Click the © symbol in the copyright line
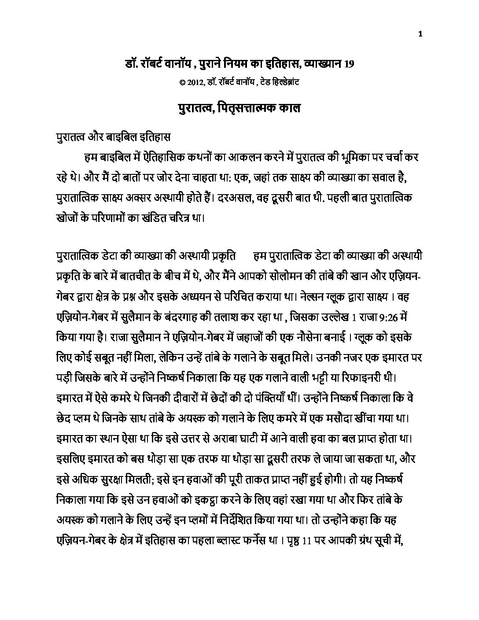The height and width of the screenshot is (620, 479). (x=182, y=82)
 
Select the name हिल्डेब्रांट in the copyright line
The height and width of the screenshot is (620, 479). (x=284, y=82)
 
